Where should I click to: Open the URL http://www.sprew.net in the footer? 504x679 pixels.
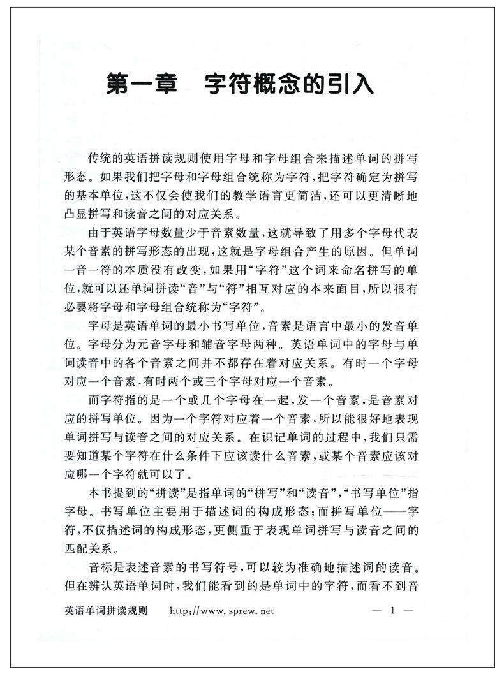point(221,611)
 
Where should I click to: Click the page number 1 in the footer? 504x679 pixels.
point(393,611)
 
